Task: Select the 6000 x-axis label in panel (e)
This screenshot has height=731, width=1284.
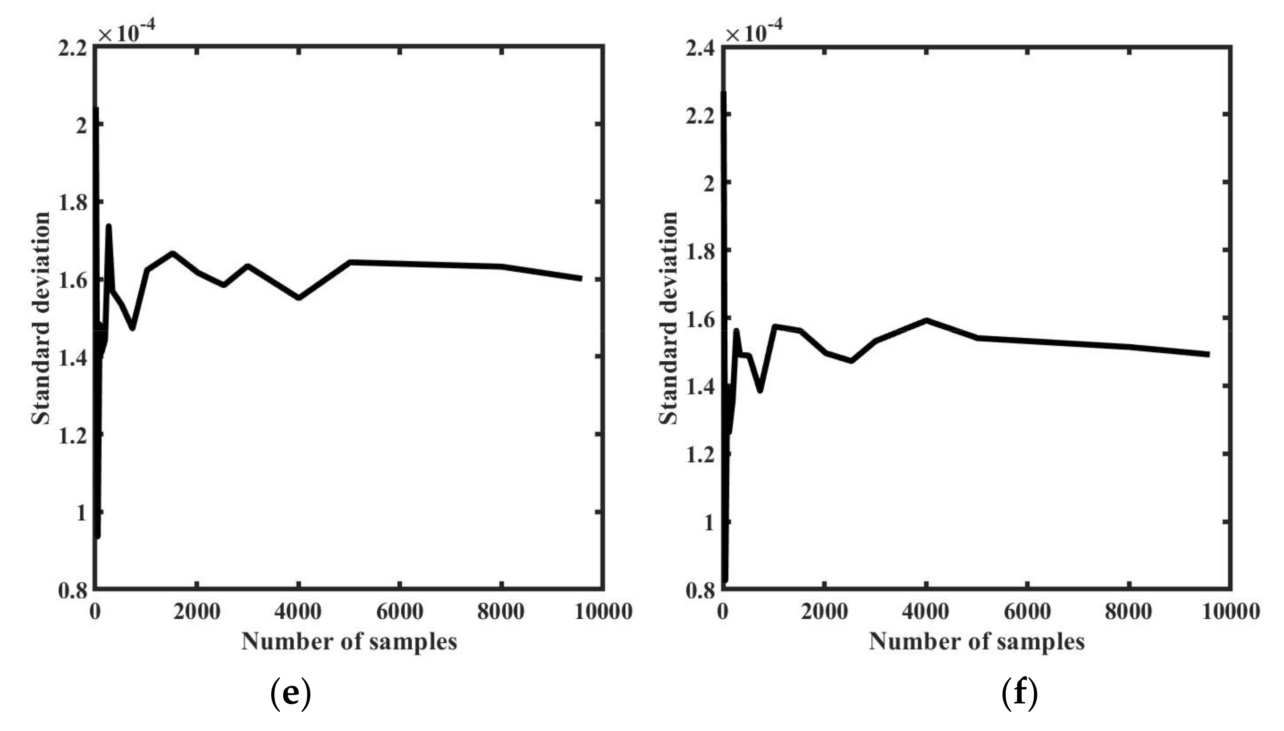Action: [x=399, y=612]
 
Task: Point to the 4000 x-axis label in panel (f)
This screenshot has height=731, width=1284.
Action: [x=925, y=612]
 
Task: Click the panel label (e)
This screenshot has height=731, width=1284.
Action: [x=291, y=693]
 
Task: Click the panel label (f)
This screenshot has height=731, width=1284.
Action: [x=1019, y=693]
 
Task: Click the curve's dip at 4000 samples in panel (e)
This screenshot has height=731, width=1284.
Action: [x=299, y=298]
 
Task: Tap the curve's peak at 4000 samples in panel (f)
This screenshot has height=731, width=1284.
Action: [x=926, y=320]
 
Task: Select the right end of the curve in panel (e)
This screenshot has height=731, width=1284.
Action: [x=581, y=278]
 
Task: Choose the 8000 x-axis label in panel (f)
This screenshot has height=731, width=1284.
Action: [x=1129, y=612]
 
